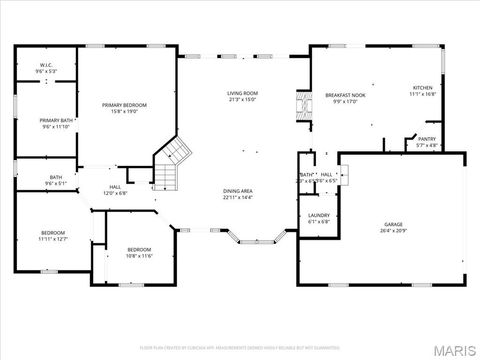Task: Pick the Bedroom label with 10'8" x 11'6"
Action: coord(139,249)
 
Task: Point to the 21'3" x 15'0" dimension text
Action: coord(243,99)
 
